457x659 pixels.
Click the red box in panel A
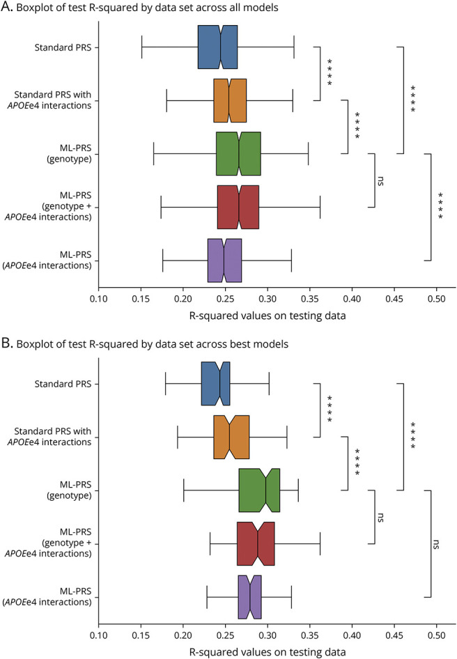tap(238, 207)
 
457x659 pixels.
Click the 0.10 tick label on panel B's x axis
tap(98, 636)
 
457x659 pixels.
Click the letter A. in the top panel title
tap(9, 9)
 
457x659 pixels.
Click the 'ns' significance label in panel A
tap(382, 180)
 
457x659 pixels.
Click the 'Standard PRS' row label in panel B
tap(67, 384)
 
